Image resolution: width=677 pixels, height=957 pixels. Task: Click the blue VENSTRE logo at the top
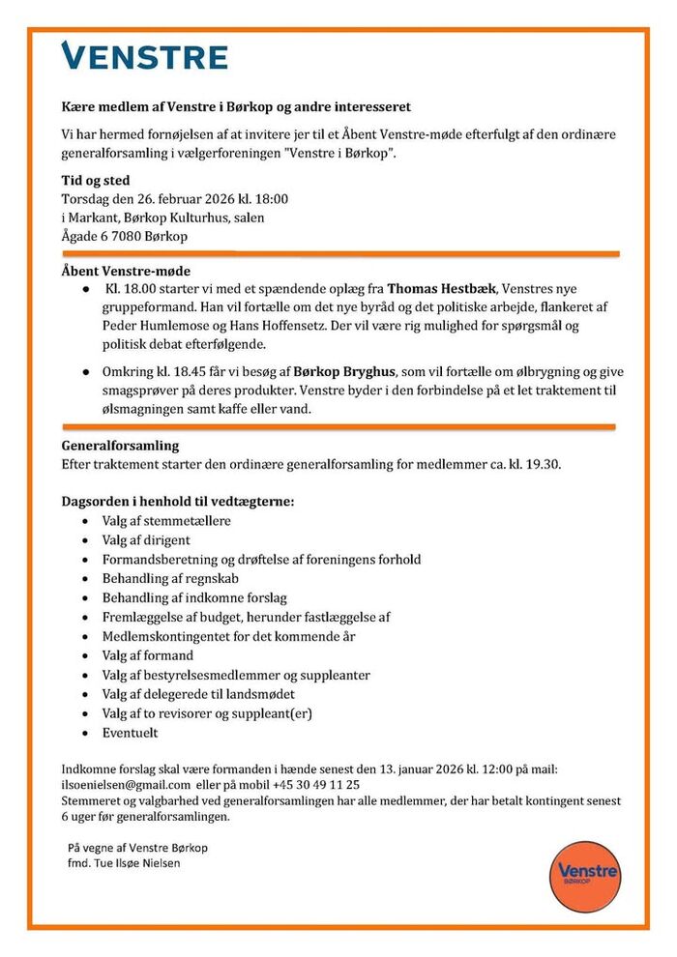point(144,57)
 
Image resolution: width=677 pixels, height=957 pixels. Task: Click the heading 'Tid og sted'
point(96,181)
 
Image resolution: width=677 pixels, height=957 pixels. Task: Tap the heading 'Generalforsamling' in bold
point(120,447)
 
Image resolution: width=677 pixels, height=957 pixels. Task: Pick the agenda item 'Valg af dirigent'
point(146,540)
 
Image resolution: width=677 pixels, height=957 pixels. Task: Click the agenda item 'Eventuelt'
point(131,734)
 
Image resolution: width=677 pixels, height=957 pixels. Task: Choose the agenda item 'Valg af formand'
point(148,656)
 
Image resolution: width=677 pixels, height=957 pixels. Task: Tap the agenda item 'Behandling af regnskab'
point(169,579)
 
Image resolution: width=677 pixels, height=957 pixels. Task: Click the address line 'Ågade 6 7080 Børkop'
point(125,236)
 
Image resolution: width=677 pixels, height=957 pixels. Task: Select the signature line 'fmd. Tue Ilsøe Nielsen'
point(123,863)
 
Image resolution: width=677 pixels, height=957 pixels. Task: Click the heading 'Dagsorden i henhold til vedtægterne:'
point(178,502)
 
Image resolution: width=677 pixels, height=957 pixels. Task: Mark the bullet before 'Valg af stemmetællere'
point(87,521)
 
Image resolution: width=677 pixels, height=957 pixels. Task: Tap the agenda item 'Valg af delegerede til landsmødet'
point(198,695)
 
